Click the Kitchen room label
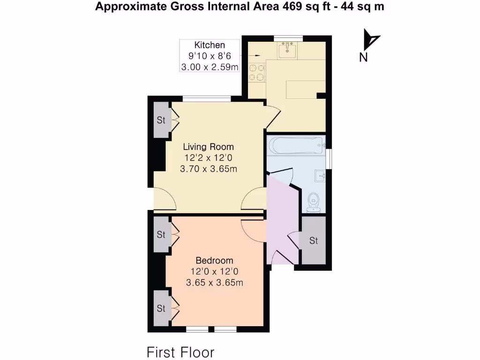click(x=210, y=45)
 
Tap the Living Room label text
click(x=208, y=147)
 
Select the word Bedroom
click(x=214, y=261)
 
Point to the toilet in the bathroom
click(x=313, y=202)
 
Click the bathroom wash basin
click(x=321, y=176)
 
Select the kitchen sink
click(x=286, y=50)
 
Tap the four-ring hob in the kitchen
click(x=256, y=72)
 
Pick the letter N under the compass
click(x=363, y=58)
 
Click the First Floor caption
click(x=180, y=352)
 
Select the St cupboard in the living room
click(x=161, y=120)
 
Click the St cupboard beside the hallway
click(x=314, y=240)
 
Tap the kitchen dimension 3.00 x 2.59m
click(x=210, y=67)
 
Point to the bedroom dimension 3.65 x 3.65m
click(x=214, y=283)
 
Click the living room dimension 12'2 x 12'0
click(x=208, y=158)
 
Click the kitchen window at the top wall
click(x=288, y=37)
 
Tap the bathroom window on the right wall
click(x=329, y=157)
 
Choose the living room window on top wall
click(x=206, y=98)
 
